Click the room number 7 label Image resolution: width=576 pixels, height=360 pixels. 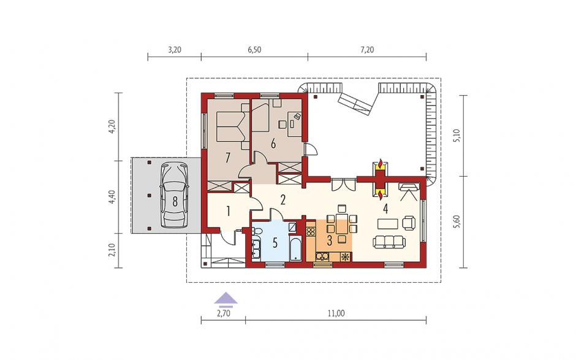tap(228, 158)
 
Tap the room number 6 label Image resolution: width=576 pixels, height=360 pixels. tap(273, 144)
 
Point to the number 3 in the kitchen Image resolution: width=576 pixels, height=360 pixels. tap(330, 241)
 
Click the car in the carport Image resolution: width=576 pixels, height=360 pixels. tap(175, 195)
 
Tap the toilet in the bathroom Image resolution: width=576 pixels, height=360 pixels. tap(257, 231)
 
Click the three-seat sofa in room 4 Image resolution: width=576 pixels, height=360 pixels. tap(389, 242)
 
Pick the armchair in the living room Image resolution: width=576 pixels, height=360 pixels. tap(409, 223)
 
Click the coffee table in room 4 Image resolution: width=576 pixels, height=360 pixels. tap(387, 223)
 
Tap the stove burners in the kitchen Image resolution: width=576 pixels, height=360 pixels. tap(311, 231)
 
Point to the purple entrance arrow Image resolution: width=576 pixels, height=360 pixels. tap(225, 299)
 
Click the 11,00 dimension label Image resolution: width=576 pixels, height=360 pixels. tap(336, 313)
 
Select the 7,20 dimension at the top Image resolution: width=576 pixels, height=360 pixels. tap(366, 50)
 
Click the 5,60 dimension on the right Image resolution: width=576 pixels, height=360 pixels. tap(457, 222)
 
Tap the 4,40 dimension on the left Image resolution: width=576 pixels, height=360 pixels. tap(112, 197)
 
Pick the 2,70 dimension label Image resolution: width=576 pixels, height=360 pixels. tap(223, 313)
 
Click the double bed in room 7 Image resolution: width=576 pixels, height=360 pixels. tap(230, 126)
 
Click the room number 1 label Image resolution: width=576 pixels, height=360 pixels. tap(228, 211)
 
